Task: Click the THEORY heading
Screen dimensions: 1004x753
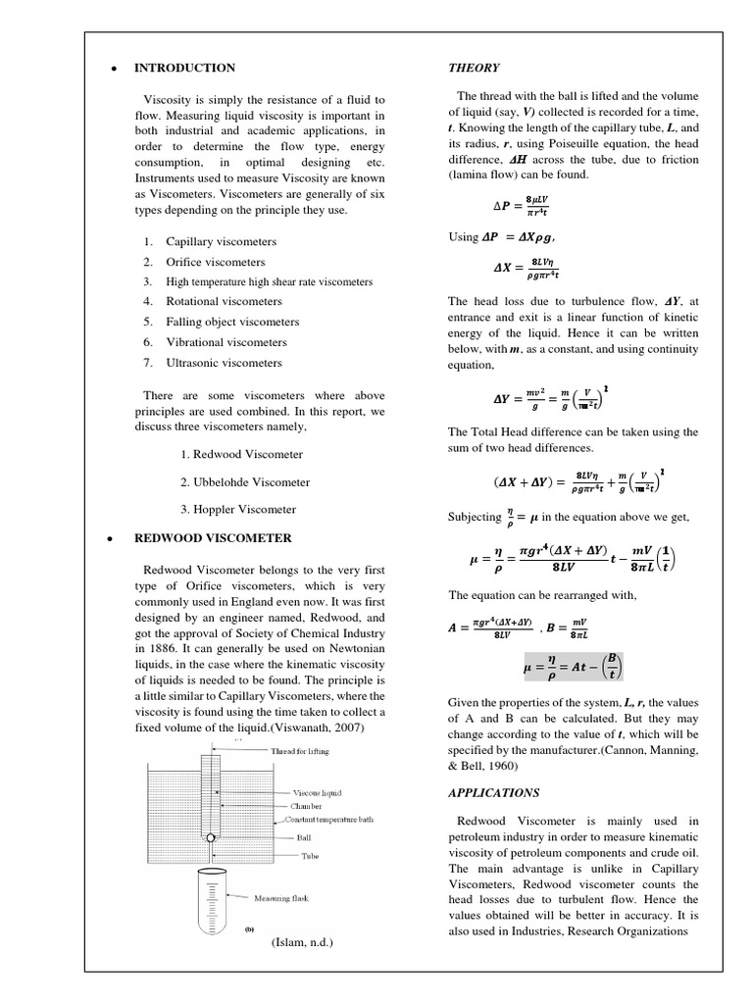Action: click(x=474, y=68)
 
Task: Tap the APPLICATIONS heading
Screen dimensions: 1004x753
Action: click(x=494, y=793)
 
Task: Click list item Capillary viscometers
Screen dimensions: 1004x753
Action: click(x=221, y=241)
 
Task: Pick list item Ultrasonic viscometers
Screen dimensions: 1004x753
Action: click(x=224, y=363)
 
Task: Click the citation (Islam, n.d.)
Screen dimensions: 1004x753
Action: click(x=302, y=942)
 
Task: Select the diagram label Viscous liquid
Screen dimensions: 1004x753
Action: click(x=317, y=791)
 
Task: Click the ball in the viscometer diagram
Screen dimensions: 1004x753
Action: click(x=211, y=838)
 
